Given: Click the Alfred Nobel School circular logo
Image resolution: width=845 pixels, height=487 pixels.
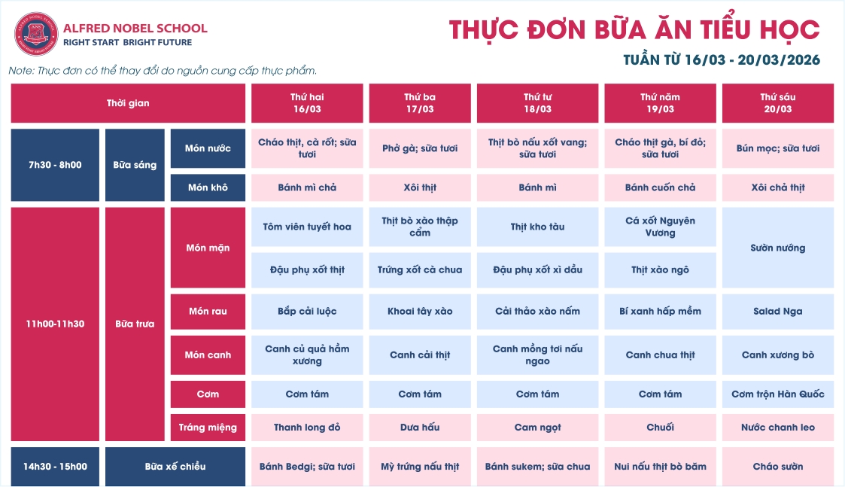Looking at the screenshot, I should coord(36,34).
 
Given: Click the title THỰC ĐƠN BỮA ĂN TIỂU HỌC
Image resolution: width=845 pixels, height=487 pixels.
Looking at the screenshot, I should coord(634,30).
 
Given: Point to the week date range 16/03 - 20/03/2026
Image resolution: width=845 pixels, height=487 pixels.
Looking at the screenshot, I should coord(722,60).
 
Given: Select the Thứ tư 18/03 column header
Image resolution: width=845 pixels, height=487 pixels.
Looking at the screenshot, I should coord(537,103).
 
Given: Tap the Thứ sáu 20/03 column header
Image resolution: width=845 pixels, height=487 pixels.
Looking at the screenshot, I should coord(777,103).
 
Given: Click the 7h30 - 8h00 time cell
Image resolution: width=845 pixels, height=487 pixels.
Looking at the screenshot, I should coord(55,165).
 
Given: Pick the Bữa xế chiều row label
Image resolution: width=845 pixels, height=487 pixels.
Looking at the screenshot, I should coord(175,467).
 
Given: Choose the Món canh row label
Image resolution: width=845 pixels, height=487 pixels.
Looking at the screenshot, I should coord(208,355).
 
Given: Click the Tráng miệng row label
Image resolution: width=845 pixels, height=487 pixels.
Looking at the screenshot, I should coord(208,428).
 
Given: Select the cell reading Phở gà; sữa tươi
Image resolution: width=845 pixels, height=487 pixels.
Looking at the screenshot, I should coord(420,148).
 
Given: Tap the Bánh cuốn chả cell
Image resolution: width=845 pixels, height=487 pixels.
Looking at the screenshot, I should coord(660,187).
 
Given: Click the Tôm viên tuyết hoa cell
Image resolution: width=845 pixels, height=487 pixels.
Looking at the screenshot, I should coord(307,227).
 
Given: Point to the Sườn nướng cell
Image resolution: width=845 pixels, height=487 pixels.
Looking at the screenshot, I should coord(777,248).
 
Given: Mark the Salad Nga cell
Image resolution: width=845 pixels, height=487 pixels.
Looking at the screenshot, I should coord(777,312).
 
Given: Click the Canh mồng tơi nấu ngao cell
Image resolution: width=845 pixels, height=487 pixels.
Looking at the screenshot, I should coord(537,355).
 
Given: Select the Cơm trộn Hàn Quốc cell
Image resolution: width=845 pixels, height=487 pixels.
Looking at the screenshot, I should coord(777,394).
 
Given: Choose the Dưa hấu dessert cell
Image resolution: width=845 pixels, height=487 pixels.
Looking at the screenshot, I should coord(420,428).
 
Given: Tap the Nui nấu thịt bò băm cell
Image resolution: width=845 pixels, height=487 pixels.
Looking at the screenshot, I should coord(660,467).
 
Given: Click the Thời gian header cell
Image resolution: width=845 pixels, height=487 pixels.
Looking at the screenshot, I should coord(128,103).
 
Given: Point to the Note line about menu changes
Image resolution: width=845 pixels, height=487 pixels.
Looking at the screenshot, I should coord(163,71).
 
